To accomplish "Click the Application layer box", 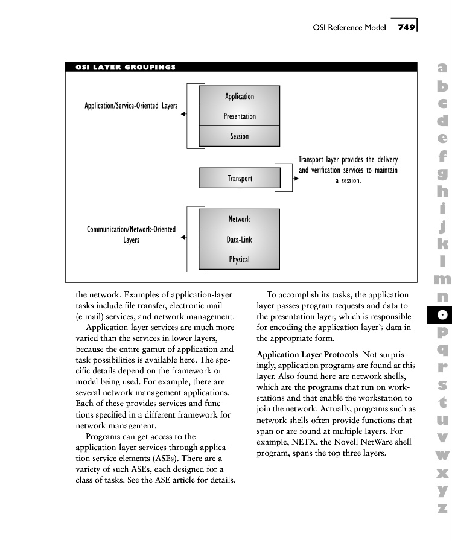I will click(240, 97).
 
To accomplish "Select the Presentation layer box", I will click(240, 116).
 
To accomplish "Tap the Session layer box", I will click(240, 136).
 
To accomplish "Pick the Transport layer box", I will click(240, 178).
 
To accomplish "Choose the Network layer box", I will click(239, 219).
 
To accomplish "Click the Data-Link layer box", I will click(239, 240).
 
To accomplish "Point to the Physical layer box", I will click(239, 260).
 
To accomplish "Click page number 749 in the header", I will click(406, 27).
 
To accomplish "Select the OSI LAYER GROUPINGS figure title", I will click(126, 67).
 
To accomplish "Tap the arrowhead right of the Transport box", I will click(296, 179).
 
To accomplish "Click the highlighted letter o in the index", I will click(442, 314).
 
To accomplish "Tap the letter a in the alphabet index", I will click(442, 69).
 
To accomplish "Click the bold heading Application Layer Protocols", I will click(307, 354).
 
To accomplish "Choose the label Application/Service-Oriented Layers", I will click(131, 106).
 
